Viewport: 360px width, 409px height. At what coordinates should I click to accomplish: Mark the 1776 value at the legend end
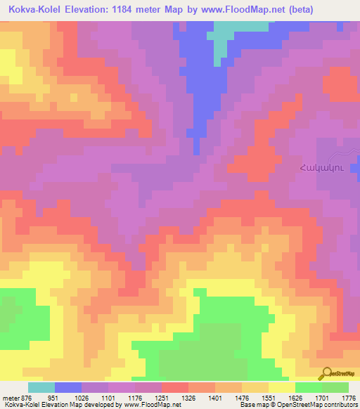347,398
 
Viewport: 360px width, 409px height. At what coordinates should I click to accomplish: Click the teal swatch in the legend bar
41,387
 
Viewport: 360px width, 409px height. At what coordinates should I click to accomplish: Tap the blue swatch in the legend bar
67,387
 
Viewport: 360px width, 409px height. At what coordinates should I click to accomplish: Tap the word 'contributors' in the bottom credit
342,405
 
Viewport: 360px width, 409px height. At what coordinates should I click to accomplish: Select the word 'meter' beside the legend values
11,398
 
